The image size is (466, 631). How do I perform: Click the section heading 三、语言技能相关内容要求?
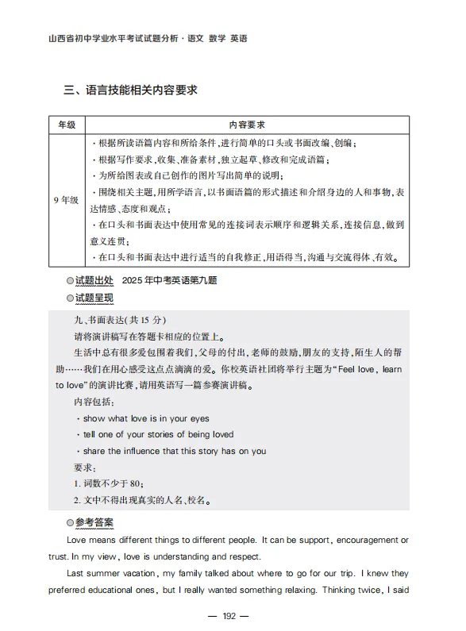131,90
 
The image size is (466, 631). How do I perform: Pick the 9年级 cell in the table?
66,200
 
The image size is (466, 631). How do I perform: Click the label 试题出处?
94,282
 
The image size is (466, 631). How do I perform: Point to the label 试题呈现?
94,298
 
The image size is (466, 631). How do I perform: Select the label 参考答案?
94,523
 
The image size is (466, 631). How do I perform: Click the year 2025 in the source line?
136,282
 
